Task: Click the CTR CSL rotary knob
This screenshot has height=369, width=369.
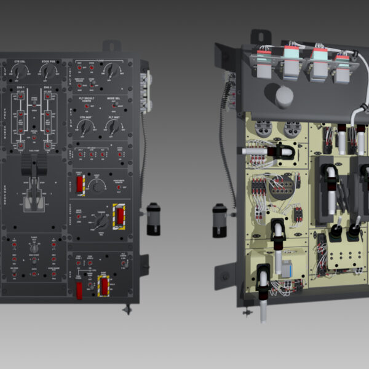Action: coord(18,72)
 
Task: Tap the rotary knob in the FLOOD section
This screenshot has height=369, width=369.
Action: coord(112,72)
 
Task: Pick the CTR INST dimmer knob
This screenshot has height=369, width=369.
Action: coord(86,128)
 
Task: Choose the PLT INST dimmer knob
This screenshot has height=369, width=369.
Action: coord(113,128)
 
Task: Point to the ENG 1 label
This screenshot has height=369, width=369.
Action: coord(20,88)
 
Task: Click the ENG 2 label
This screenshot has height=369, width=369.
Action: coord(47,88)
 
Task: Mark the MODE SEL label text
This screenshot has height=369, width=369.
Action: coord(114,98)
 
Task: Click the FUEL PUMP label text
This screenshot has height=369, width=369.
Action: coord(34,149)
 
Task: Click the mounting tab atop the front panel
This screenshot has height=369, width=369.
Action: coord(111,46)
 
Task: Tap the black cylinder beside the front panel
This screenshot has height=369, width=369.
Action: coord(154,218)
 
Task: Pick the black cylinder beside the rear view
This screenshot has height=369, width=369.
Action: coord(220,220)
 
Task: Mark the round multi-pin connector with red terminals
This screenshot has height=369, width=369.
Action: coord(283,184)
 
